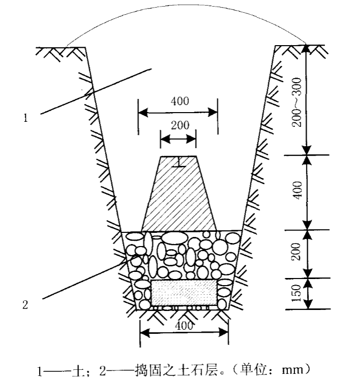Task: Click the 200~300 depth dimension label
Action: point(297,102)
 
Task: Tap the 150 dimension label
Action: point(297,293)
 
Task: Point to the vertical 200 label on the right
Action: point(297,252)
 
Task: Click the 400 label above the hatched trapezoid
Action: point(180,101)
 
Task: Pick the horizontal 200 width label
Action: point(180,125)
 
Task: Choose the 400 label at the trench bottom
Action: point(184,326)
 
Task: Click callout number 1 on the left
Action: point(25,118)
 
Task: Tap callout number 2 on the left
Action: point(25,305)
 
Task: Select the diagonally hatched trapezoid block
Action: point(179,194)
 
